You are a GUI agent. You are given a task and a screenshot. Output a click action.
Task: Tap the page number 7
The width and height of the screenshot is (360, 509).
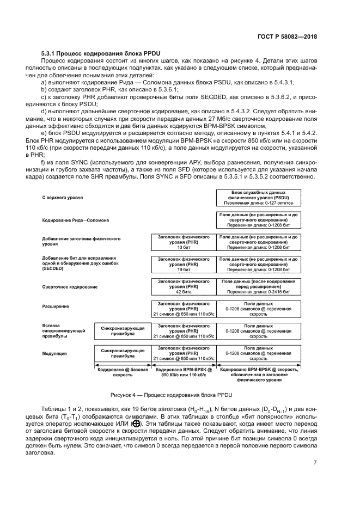click(315, 463)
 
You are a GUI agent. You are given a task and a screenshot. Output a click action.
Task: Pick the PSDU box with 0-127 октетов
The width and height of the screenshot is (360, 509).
click(258, 198)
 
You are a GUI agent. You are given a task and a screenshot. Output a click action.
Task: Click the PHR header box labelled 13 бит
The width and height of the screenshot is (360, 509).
click(183, 242)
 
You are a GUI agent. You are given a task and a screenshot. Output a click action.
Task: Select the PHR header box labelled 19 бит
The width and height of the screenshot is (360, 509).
click(183, 263)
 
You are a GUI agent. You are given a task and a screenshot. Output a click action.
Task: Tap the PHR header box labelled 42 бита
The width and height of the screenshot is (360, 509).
click(183, 285)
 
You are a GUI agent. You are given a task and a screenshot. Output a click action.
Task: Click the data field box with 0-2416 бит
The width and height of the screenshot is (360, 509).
click(258, 285)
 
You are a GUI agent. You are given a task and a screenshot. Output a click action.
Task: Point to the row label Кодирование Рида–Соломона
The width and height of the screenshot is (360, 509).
click(76, 220)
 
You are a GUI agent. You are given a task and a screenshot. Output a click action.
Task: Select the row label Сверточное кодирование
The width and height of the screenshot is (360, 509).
click(70, 286)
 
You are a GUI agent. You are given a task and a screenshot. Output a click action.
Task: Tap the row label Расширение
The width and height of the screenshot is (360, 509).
click(56, 306)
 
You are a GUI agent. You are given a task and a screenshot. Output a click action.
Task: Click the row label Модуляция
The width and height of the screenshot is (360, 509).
click(54, 353)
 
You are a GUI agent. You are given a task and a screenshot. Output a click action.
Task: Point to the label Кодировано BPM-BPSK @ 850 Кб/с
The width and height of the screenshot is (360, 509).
click(183, 372)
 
